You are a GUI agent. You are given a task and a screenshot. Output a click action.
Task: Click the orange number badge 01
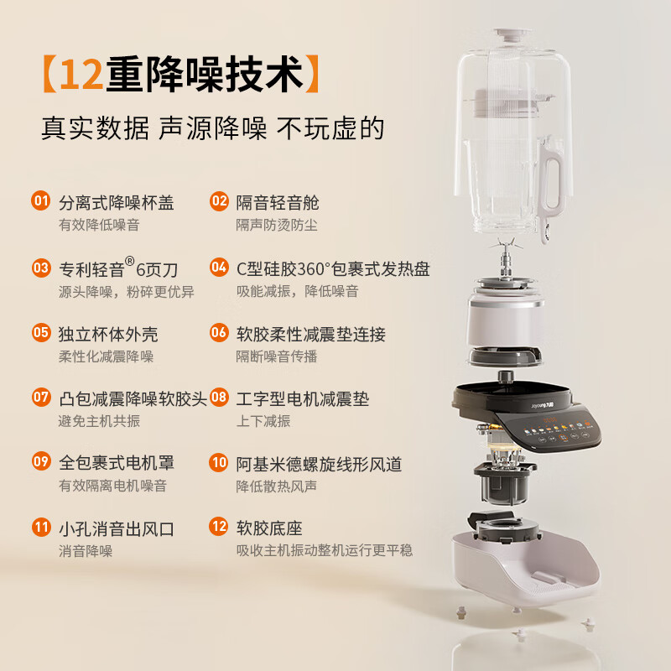41,201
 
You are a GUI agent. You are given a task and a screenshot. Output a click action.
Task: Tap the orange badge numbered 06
219,333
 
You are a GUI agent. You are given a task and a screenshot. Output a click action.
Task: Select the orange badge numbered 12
219,528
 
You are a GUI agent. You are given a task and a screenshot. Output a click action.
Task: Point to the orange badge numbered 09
41,461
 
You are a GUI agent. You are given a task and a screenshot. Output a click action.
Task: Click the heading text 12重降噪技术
180,75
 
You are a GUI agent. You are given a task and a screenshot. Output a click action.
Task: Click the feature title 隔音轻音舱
278,202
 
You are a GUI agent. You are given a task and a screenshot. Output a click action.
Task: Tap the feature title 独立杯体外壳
108,334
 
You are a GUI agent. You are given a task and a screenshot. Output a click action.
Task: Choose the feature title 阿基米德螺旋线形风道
319,462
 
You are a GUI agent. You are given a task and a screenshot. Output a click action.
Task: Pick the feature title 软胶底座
268,528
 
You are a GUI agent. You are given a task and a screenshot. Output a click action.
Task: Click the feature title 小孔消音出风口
117,528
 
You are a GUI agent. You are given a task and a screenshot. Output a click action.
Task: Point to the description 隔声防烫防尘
277,225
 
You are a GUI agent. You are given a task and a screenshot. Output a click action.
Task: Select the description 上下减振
264,420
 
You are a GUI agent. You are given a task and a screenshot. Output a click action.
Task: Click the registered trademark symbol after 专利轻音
130,261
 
